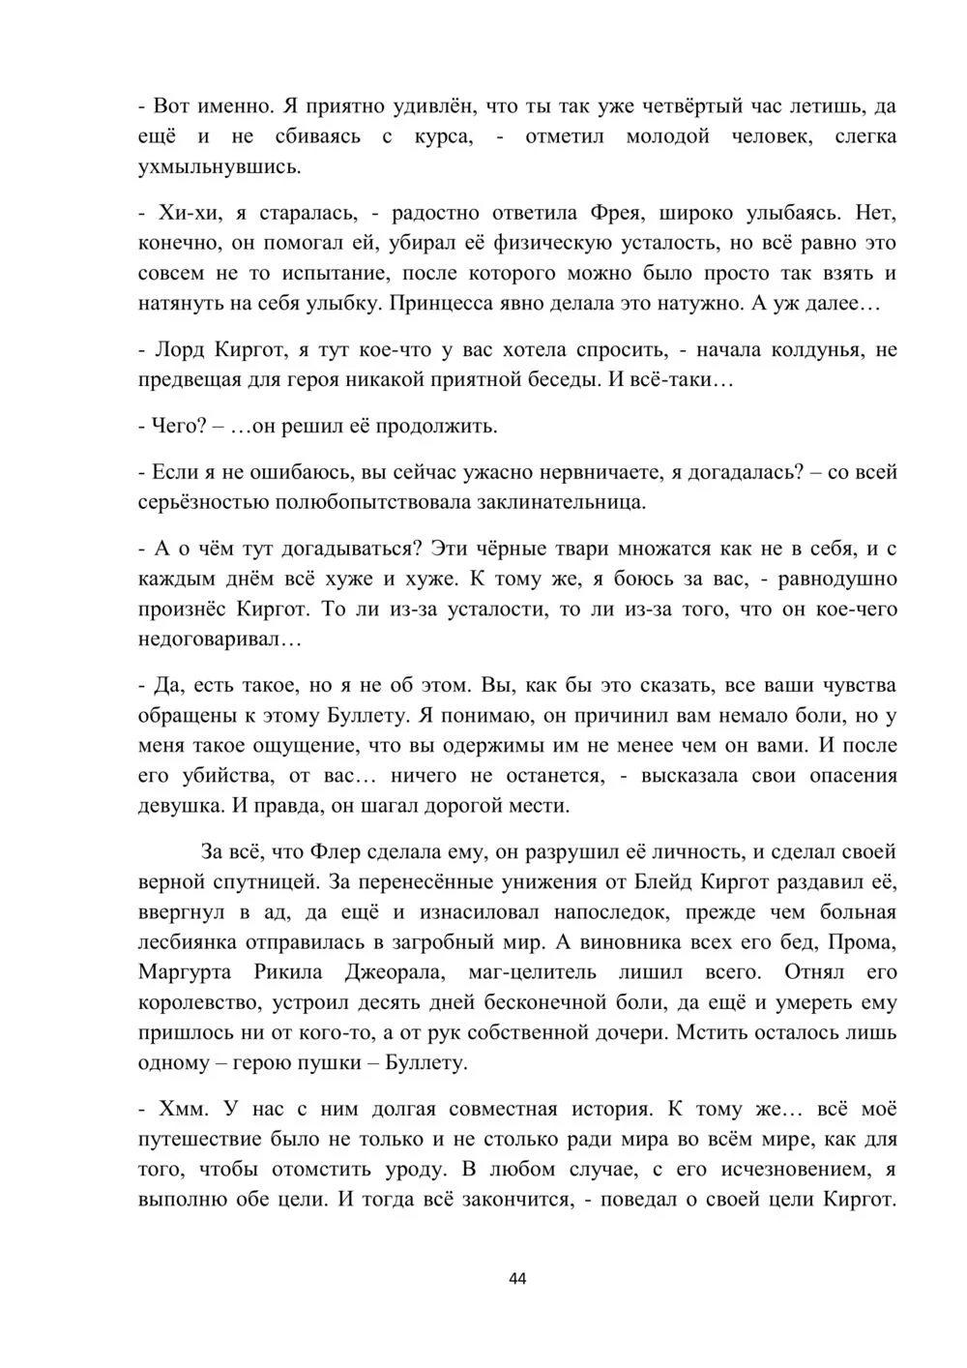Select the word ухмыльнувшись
click(x=220, y=167)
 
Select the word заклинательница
click(x=554, y=503)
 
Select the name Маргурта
click(x=190, y=972)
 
